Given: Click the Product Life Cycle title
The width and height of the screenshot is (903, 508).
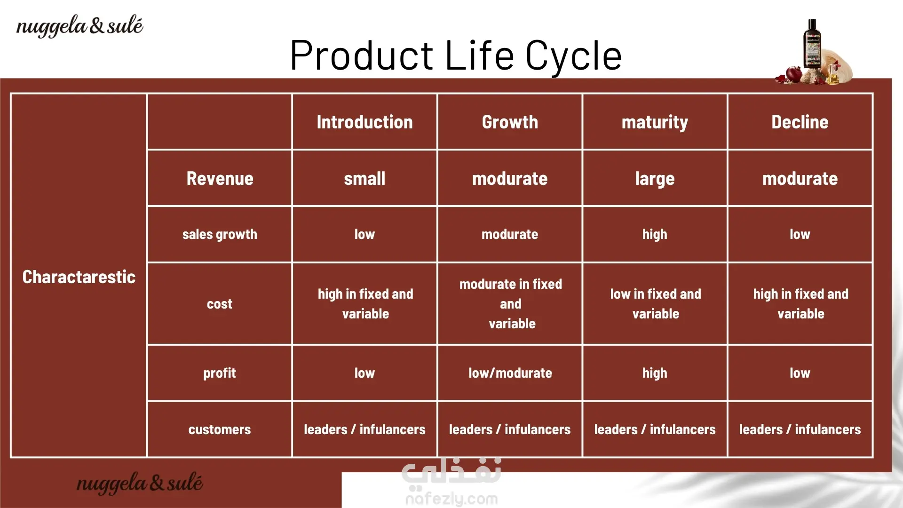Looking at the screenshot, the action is [456, 56].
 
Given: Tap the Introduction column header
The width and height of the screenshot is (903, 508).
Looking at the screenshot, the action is [364, 122].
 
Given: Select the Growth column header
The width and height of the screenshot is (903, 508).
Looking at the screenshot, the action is [510, 122].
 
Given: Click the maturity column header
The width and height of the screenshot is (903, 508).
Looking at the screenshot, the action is [655, 122].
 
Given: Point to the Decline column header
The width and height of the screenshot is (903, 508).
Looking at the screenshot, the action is [800, 122].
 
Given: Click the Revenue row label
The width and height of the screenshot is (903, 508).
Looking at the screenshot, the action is [220, 178].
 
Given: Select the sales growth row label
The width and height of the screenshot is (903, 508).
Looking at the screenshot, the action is [220, 234].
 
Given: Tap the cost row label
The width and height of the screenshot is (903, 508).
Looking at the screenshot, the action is [220, 304].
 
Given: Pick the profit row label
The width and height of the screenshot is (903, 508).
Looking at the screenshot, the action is [220, 373].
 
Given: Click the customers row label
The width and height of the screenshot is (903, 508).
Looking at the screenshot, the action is [220, 429].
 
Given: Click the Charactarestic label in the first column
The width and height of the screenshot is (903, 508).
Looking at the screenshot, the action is [79, 277].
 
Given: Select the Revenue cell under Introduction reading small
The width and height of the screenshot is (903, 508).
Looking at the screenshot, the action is [364, 178].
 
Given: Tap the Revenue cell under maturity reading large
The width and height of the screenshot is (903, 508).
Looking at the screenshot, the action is [655, 179].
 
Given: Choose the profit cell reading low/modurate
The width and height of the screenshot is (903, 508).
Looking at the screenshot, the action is [510, 373].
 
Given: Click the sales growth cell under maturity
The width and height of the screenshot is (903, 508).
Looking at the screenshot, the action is [655, 234].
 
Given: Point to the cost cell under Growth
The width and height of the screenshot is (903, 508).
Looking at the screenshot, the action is [511, 304].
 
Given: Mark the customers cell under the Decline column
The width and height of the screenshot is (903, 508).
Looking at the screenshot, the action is [800, 429].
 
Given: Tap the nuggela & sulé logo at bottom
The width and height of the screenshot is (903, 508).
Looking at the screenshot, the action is [140, 484].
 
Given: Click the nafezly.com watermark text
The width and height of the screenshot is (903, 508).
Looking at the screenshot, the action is [451, 499].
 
